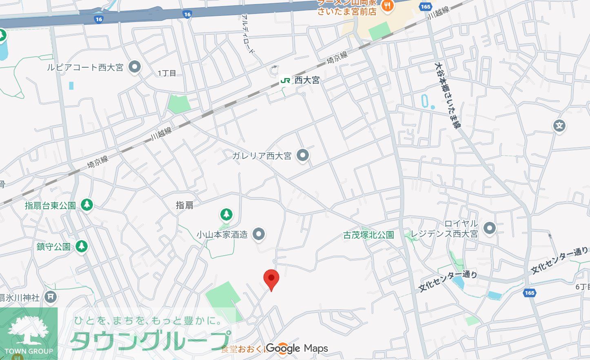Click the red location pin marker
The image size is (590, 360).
coord(271,279)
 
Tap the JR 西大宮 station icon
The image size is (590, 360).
coord(285,80)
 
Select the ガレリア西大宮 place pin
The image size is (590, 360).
coord(302,155)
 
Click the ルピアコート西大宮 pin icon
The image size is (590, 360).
coord(134,67)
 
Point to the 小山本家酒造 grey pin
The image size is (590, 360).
coord(258,234)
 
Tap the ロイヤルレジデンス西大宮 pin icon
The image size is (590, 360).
coord(489,228)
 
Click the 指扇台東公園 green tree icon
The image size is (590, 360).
coord(87,205)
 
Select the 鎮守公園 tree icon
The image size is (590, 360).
coord(82,246)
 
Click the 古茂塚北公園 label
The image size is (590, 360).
coord(368,235)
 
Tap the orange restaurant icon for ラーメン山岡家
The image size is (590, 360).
coord(386,5)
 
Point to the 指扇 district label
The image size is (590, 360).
coord(184,205)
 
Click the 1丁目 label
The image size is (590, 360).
coord(167,73)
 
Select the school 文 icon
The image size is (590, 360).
coord(559,126)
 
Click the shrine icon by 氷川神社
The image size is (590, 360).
coord(50,297)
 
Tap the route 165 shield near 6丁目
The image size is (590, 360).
coord(529,293)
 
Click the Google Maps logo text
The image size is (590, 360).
coord(297,349)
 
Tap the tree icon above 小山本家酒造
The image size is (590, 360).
coord(226,214)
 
